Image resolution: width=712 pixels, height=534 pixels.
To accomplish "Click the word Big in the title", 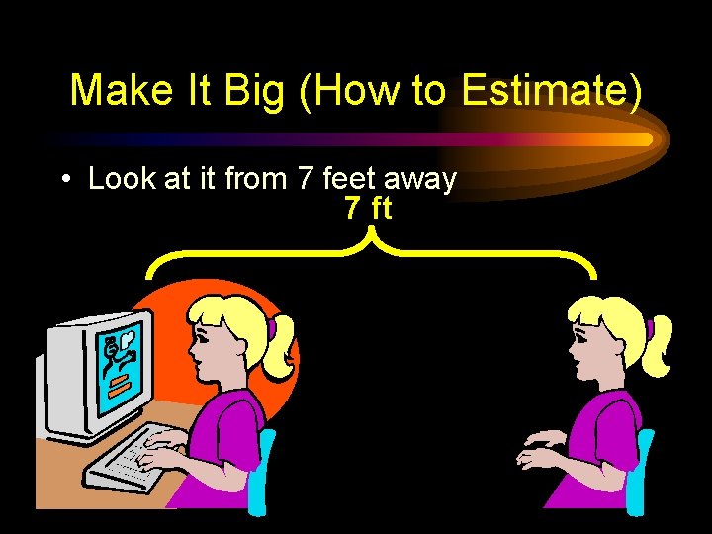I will [253, 91].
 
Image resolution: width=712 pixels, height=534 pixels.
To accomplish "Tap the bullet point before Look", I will [64, 180].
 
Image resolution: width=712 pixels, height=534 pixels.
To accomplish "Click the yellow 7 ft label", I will [368, 209].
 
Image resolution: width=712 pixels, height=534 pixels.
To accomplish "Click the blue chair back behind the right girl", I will [644, 470].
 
